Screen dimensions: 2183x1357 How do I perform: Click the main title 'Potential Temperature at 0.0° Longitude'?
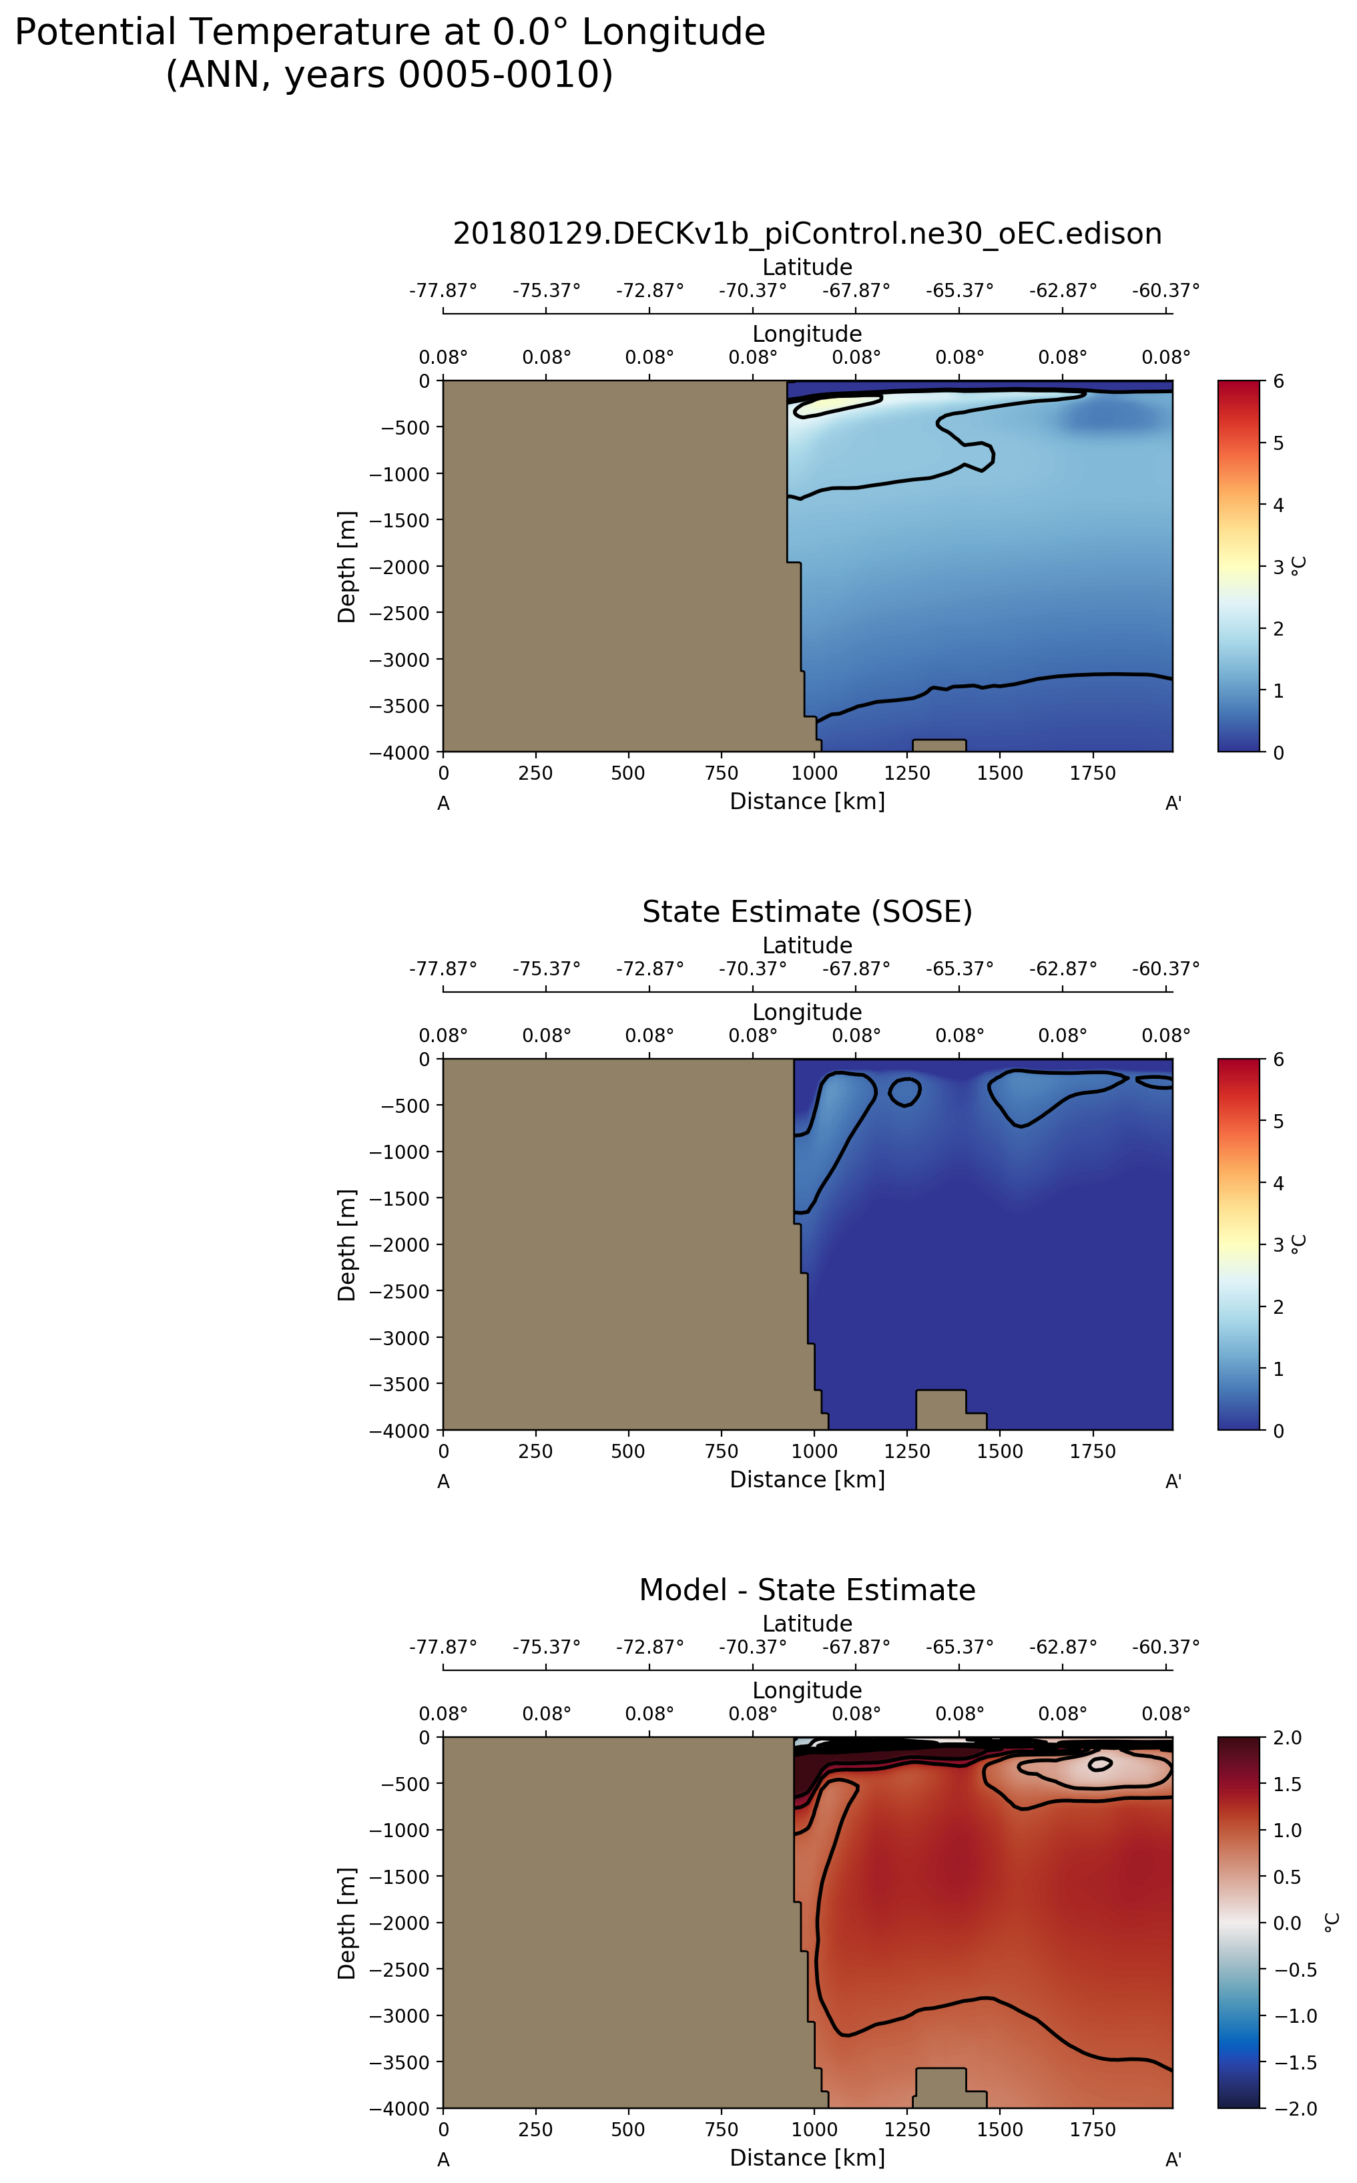point(390,33)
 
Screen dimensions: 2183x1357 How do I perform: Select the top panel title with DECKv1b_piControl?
point(807,234)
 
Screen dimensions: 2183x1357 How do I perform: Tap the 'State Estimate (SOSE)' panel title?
point(807,911)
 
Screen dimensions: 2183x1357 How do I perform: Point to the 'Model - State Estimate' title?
point(807,1590)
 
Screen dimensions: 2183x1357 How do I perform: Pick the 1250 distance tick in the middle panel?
point(907,1451)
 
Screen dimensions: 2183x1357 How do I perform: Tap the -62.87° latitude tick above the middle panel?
point(1063,969)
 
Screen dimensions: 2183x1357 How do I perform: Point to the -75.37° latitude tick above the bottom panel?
point(547,1647)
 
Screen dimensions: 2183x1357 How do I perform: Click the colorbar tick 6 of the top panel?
point(1278,381)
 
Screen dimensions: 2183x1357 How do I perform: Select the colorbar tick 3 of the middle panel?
point(1278,1245)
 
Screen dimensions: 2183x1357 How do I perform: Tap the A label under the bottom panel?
point(443,2160)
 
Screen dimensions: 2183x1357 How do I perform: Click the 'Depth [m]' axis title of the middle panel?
point(346,1245)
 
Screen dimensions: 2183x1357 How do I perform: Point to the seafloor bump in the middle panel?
point(940,1409)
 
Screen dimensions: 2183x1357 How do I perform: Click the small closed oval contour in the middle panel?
point(904,1091)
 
